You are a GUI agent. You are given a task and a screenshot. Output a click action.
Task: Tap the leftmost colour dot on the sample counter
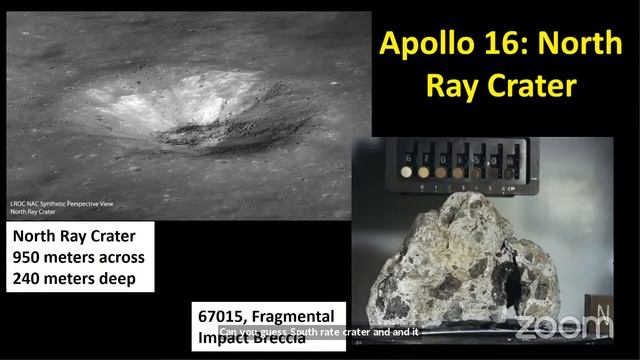[x=405, y=172]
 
